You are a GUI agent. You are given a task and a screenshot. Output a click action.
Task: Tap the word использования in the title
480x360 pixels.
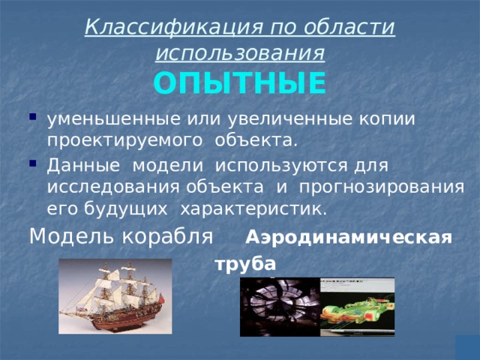pyautogui.click(x=240, y=52)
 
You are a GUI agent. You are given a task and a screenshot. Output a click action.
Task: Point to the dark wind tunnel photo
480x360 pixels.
pyautogui.click(x=280, y=307)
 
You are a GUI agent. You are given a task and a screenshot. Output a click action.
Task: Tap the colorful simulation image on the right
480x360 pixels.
pyautogui.click(x=357, y=307)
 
